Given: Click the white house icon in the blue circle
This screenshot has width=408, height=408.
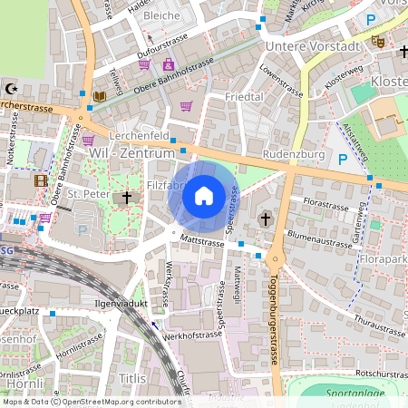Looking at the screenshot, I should (x=204, y=196).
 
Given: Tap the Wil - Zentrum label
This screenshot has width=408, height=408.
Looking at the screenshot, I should (x=131, y=154).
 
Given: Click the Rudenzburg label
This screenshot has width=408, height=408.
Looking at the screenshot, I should (x=293, y=154).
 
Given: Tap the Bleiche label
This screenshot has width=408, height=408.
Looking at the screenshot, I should (x=162, y=15).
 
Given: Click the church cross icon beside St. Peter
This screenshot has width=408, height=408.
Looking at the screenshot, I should (x=128, y=196).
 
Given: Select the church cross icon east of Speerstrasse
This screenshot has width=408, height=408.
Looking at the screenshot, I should (x=267, y=218).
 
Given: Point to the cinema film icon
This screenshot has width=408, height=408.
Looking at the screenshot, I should (x=40, y=180).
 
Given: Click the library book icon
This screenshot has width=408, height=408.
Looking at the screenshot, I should (x=100, y=95).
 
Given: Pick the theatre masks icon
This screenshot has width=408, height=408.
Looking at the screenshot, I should (x=378, y=41).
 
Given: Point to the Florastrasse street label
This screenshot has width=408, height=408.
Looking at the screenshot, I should (x=326, y=204).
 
